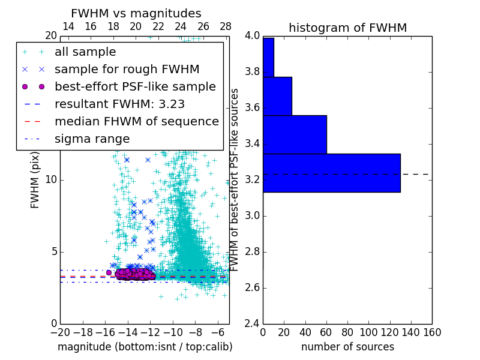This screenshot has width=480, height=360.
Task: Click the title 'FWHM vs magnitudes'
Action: (136, 13)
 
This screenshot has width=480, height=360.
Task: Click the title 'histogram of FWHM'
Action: (347, 28)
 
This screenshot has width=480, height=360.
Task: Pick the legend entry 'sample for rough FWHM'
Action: (127, 69)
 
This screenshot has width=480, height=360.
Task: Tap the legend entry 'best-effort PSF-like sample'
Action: (135, 86)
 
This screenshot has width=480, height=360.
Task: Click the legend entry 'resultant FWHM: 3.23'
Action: (119, 104)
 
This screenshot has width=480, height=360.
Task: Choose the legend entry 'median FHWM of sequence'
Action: (136, 121)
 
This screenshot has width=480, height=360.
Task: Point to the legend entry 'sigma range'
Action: (92, 139)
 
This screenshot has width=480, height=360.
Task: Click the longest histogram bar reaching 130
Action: (331, 173)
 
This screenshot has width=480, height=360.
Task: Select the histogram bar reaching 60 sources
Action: (295, 134)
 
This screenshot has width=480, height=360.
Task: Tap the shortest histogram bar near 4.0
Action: (268, 57)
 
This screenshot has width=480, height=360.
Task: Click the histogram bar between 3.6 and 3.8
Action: (277, 96)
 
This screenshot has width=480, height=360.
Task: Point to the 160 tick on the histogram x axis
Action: (432, 332)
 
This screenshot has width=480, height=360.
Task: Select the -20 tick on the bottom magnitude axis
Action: (60, 332)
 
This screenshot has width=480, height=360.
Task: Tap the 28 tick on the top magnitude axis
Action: (226, 26)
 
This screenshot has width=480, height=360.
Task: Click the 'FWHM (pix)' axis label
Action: (35, 179)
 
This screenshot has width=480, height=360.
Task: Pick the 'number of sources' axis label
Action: (347, 347)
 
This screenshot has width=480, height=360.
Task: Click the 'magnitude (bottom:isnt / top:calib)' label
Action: (145, 347)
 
